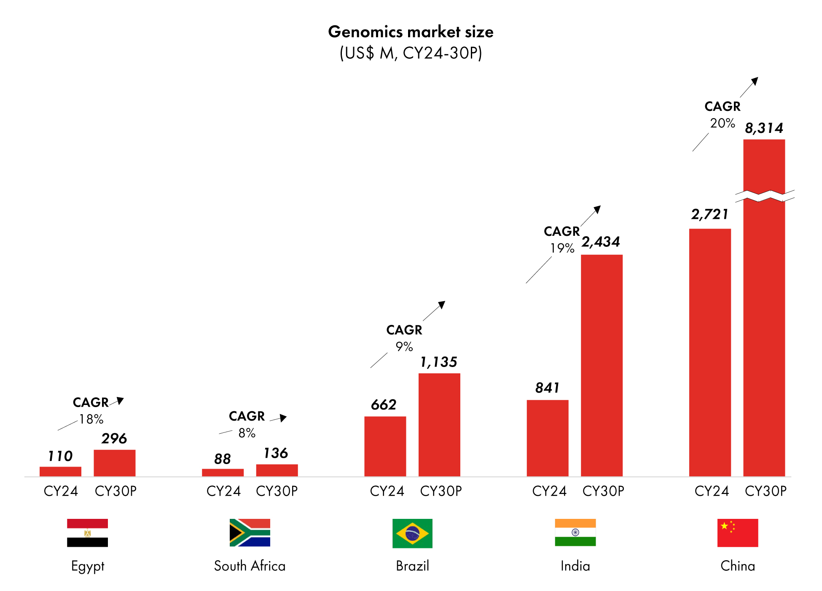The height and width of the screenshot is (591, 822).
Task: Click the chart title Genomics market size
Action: point(411,32)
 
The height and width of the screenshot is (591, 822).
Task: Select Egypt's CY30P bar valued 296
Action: point(114,463)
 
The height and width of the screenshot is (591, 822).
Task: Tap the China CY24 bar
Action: point(709,352)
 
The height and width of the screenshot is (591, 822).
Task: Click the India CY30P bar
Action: point(602,365)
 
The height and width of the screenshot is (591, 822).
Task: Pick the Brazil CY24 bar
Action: point(385,446)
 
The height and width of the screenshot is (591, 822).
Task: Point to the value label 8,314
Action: point(764,128)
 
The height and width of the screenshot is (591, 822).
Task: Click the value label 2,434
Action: point(601,242)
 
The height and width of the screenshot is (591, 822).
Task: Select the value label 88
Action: point(223,459)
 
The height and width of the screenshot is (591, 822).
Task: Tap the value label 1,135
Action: point(439,362)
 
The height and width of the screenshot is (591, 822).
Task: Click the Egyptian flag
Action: point(87,533)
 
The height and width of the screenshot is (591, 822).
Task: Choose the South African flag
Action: point(250,533)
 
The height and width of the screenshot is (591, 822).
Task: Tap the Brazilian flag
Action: point(412,533)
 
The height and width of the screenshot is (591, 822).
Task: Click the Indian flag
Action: point(575,533)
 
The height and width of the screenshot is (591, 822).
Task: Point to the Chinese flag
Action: point(737,533)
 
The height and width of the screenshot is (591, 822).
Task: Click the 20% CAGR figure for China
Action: point(722,123)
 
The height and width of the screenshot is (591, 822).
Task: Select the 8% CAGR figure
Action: point(247,433)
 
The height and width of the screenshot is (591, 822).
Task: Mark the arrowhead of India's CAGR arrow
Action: point(597,209)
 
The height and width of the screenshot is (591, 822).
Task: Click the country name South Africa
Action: point(250,566)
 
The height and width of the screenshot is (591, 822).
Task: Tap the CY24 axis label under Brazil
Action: point(387,491)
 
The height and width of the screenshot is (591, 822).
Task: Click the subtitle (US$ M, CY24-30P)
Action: point(411,53)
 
